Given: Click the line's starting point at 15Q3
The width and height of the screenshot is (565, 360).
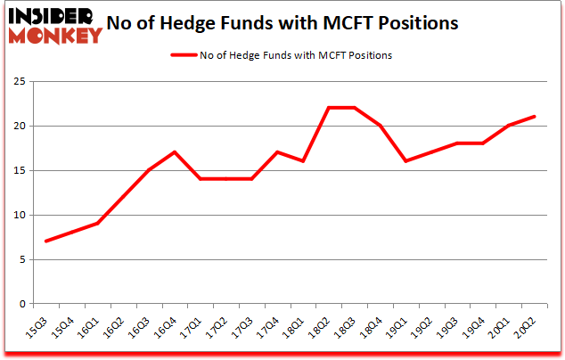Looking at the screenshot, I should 45,241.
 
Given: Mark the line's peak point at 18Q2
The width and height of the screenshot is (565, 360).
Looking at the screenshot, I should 329,108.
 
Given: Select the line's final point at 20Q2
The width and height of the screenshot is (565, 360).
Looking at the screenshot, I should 535,117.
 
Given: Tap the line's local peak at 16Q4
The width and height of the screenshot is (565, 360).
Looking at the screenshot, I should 175,152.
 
